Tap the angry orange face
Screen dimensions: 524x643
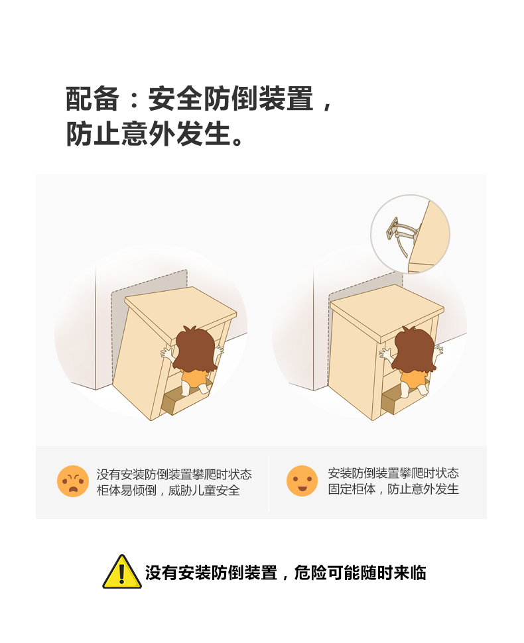click(72, 481)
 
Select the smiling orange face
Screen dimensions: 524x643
click(302, 481)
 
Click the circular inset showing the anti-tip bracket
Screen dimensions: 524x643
click(411, 234)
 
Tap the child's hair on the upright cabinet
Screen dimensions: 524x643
click(415, 349)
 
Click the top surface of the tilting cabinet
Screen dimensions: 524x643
click(180, 312)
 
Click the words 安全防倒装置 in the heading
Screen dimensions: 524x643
click(231, 99)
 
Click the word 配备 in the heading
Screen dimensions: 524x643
click(92, 99)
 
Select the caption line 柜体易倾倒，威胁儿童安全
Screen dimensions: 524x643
click(168, 490)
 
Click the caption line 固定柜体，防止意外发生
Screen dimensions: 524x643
click(393, 489)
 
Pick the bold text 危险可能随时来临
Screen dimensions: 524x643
click(360, 573)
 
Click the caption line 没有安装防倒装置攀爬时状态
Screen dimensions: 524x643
click(174, 474)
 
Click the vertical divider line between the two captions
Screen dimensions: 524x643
click(269, 483)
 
